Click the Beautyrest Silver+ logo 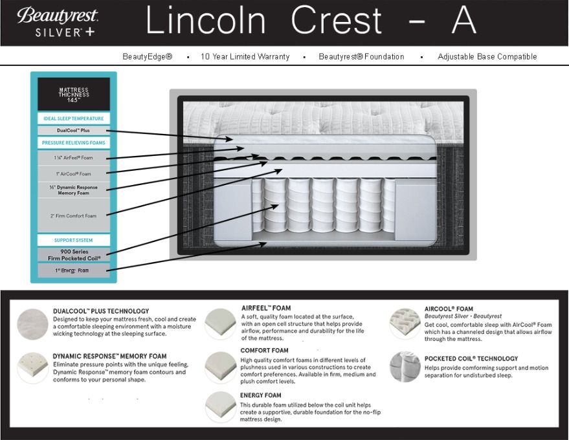coord(58,23)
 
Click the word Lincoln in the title coord(205,21)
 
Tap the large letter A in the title coord(463,21)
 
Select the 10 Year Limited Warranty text coord(245,57)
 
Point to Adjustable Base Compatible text coord(487,57)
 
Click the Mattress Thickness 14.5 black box coord(73,94)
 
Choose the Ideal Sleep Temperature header coord(73,118)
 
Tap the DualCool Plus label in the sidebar coord(73,130)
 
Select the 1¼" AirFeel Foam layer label coord(73,157)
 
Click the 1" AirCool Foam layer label coord(73,173)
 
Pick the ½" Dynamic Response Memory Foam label coord(73,190)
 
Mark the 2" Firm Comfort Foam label coord(73,215)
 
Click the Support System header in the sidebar coord(73,240)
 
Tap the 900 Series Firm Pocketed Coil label coord(73,254)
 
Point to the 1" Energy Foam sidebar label coord(73,270)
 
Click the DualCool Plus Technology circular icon coord(32,323)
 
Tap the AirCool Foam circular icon coord(405,323)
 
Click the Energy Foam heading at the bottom coord(261,395)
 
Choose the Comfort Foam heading coord(264,351)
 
